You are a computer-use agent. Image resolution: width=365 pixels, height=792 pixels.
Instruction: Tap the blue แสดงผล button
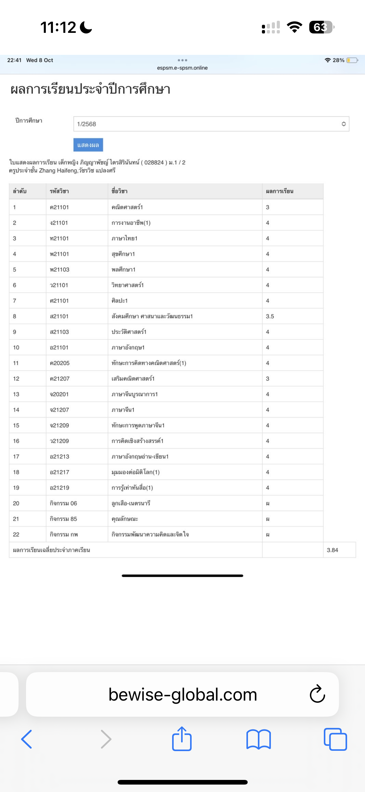coord(88,145)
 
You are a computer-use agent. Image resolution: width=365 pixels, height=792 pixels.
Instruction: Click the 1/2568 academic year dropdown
coord(211,124)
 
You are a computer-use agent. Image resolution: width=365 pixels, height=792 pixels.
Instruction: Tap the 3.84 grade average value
coord(332,550)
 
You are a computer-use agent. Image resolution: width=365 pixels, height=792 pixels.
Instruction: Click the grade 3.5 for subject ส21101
coord(270,316)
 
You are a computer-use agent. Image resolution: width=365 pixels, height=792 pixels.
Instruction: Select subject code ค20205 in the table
coord(60,363)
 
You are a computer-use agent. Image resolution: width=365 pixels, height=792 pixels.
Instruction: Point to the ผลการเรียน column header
coord(280,191)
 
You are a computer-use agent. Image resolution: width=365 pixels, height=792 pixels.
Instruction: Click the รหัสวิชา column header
coord(59,191)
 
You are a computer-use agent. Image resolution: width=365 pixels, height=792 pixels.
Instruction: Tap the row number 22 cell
coord(16,535)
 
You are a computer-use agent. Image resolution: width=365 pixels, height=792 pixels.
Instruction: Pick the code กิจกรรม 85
coord(63,519)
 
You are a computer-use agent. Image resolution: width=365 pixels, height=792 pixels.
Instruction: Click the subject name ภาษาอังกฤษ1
coord(128,348)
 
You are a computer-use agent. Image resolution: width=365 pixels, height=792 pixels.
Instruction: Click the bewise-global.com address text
coord(183,694)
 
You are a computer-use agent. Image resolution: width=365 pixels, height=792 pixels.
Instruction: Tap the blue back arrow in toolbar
coord(27,739)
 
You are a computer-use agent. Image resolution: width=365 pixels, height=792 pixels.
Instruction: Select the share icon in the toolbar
coord(182,739)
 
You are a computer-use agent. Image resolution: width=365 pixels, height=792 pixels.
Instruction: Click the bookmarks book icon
coord(259,739)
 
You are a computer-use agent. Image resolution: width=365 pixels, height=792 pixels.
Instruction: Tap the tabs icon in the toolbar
coord(335,739)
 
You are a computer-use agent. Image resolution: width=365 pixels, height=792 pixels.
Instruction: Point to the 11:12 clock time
coord(58,27)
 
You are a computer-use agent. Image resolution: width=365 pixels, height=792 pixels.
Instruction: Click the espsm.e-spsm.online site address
coord(182,68)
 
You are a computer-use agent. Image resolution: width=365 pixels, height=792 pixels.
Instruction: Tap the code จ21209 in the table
coord(59,425)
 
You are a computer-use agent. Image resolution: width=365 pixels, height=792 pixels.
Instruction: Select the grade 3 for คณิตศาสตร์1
coord(267,207)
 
